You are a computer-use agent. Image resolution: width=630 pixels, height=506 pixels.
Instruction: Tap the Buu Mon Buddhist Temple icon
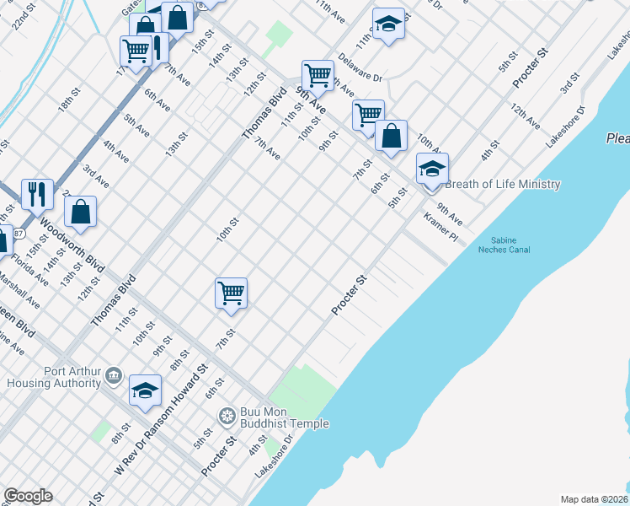click(226, 416)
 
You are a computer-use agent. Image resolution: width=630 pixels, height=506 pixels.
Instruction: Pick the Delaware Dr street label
click(360, 67)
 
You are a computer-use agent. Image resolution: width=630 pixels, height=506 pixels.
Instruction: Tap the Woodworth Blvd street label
click(71, 247)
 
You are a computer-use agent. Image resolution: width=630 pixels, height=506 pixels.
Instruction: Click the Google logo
click(28, 496)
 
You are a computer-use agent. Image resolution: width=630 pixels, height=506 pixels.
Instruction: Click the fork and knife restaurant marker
click(37, 194)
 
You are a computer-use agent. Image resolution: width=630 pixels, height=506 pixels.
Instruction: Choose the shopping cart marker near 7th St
click(231, 293)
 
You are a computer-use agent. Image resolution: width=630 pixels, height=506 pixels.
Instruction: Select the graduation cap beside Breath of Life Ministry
click(432, 168)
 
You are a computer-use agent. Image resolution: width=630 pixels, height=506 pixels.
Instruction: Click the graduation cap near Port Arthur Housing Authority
click(145, 390)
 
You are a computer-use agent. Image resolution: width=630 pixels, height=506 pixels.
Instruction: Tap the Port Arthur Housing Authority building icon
click(114, 377)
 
